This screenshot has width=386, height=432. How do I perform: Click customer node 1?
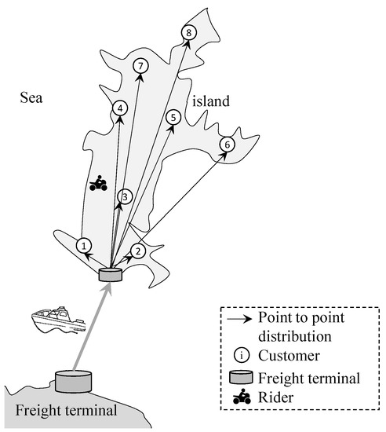tap(84, 246)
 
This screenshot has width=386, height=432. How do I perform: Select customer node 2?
tap(137, 251)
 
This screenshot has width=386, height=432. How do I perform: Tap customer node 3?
tap(123, 196)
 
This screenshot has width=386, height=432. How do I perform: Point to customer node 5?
tap(173, 116)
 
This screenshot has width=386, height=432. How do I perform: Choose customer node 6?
tap(227, 144)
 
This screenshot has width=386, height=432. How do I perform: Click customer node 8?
tap(188, 32)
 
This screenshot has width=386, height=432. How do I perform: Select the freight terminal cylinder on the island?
tap(110, 275)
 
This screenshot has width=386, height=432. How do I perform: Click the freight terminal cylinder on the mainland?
tap(73, 382)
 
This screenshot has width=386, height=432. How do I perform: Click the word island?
tap(209, 102)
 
